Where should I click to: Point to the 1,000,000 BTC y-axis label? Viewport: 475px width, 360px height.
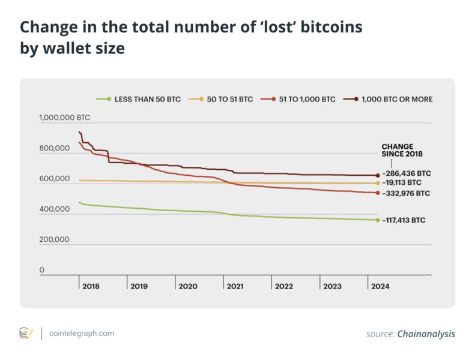click(65, 118)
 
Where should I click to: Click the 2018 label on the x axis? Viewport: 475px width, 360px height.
click(91, 287)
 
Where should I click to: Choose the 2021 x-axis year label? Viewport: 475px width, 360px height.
click(235, 287)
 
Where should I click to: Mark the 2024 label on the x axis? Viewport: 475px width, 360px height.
click(380, 287)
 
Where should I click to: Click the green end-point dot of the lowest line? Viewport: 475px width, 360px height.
click(378, 220)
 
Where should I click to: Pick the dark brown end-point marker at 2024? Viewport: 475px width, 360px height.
click(378, 175)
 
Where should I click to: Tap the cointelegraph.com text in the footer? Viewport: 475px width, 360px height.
click(82, 333)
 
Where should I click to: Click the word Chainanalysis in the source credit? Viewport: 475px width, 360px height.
click(426, 334)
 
